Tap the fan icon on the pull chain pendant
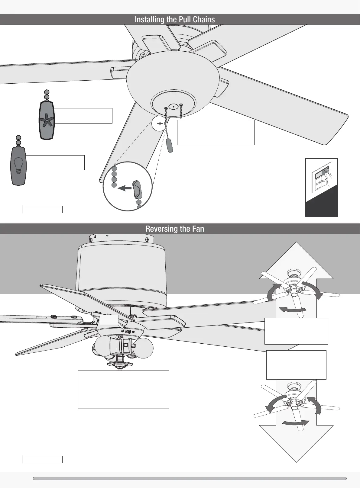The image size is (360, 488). [x=47, y=120]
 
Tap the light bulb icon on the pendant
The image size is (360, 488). [x=19, y=165]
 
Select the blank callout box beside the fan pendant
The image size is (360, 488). [x=83, y=116]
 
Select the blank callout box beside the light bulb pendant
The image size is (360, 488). [x=55, y=163]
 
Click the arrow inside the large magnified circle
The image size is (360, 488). [x=125, y=188]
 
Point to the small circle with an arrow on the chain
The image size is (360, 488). [x=159, y=124]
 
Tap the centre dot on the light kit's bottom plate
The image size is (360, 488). [x=173, y=107]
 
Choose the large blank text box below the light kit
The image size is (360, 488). [x=123, y=390]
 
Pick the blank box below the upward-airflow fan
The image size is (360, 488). [x=296, y=331]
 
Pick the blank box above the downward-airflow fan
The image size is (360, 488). [x=296, y=364]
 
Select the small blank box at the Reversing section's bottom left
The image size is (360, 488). [x=42, y=460]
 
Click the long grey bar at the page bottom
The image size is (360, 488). [x=190, y=478]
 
